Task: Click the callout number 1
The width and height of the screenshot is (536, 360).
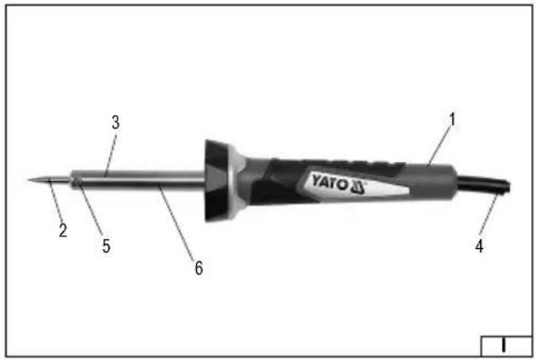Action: click(x=453, y=119)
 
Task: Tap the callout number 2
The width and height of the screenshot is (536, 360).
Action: click(x=63, y=231)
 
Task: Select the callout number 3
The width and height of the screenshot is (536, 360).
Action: click(x=116, y=123)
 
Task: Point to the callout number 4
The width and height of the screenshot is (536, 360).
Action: click(x=479, y=246)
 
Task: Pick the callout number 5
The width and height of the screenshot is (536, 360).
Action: click(x=106, y=246)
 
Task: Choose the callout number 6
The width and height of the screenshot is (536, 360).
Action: click(x=199, y=268)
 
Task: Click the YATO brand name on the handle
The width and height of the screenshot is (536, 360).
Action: click(x=329, y=182)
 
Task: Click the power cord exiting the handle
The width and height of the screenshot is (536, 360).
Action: click(x=483, y=185)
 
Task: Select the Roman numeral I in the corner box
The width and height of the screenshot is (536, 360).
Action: click(x=503, y=345)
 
